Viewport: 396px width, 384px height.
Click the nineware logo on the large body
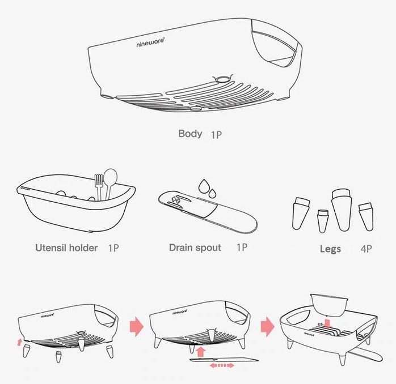click(x=150, y=42)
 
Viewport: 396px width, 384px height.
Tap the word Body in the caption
click(x=190, y=134)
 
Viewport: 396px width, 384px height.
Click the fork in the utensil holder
click(x=99, y=186)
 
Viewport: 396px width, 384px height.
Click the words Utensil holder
click(x=66, y=248)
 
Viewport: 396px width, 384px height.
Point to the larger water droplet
click(x=203, y=186)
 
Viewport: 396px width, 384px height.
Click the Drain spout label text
click(x=195, y=248)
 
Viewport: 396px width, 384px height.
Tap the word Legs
click(x=330, y=249)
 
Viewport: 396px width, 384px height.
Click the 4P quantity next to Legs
click(x=366, y=249)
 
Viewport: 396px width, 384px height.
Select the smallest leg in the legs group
click(x=322, y=221)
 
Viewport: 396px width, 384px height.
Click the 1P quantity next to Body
click(x=216, y=135)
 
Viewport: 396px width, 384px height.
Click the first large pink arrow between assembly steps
click(x=137, y=327)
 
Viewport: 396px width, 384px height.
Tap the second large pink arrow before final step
click(x=267, y=327)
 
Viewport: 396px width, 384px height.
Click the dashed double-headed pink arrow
click(x=222, y=365)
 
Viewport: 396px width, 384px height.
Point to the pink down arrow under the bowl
click(x=327, y=324)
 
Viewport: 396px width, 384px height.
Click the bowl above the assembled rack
click(x=329, y=305)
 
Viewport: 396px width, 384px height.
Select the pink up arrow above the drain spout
click(x=200, y=352)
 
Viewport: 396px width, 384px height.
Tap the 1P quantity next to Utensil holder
click(x=113, y=248)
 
